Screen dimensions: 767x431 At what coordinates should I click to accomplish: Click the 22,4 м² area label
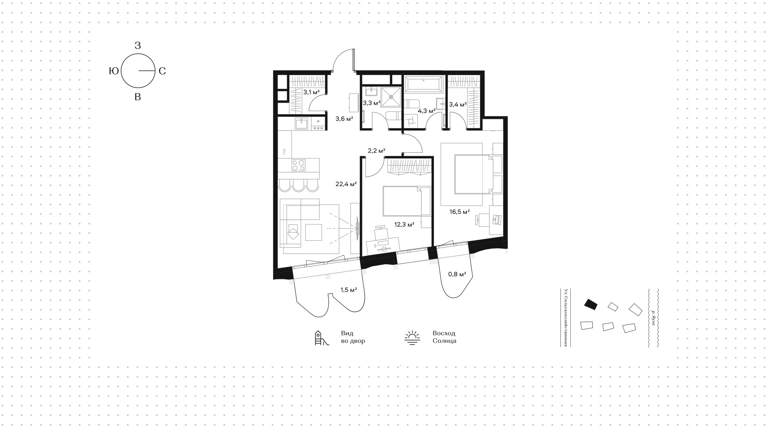346,184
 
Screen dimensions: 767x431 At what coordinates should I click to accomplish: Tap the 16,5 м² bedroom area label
459,212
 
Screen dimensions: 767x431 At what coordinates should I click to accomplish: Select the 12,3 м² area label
404,225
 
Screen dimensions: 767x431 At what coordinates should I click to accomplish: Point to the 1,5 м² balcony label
348,290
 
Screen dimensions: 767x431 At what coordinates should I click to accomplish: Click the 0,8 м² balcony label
457,274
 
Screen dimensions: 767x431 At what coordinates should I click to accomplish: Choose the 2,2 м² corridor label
376,151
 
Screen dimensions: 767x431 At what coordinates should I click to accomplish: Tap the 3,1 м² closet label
312,92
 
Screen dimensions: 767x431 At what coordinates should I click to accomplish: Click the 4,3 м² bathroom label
426,111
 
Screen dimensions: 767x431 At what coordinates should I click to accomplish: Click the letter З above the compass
138,46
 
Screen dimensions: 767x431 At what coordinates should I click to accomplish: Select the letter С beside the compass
162,71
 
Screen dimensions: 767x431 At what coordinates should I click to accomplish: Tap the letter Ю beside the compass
114,71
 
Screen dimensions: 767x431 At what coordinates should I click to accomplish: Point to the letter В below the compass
138,97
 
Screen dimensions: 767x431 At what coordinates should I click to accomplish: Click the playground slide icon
322,338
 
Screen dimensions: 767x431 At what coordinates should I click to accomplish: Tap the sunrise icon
412,338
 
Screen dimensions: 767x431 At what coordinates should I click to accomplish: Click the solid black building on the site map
591,304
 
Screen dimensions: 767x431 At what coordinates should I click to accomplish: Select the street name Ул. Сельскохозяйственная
566,318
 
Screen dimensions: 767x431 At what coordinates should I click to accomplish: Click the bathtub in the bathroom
423,84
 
